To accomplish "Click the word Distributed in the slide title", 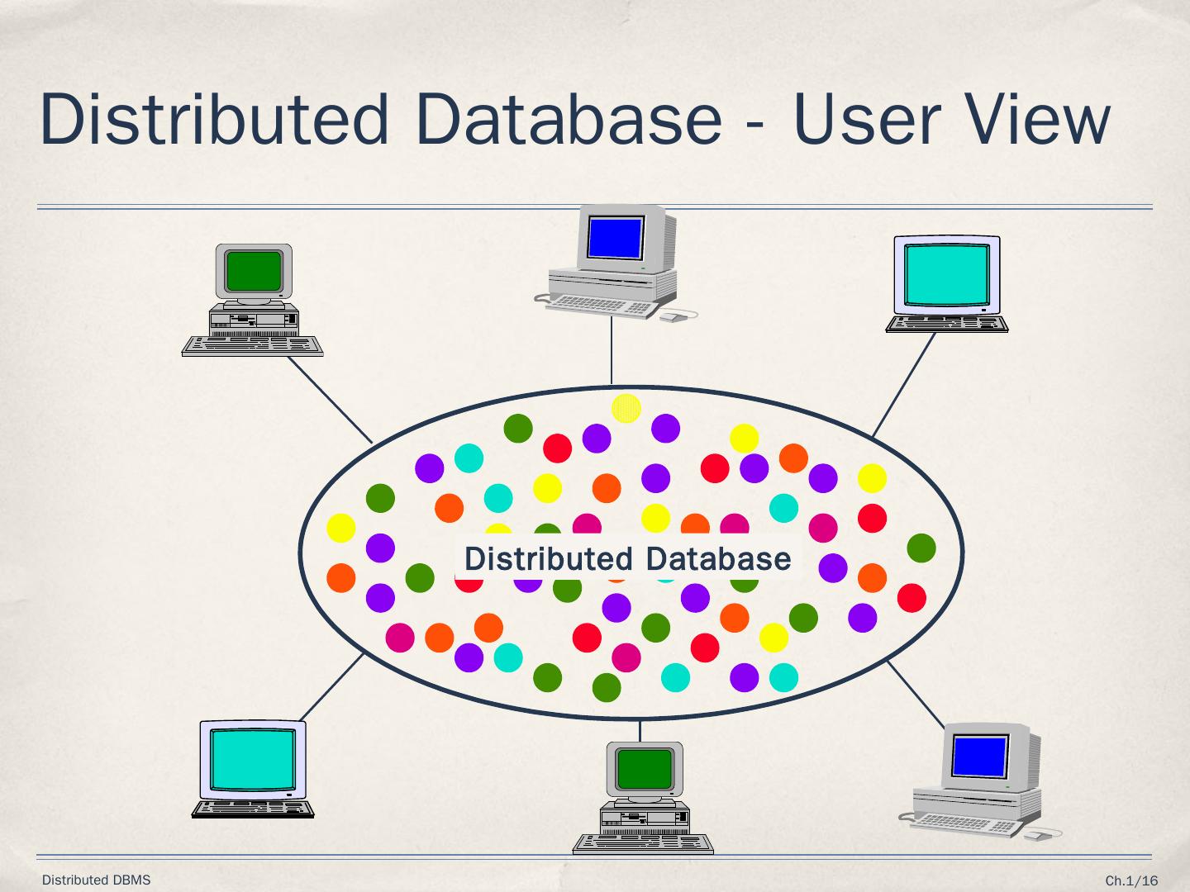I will tap(213, 120).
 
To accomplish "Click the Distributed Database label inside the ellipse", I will tap(627, 559).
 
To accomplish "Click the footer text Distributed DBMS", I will tap(97, 880).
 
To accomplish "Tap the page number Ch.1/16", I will tap(1131, 881).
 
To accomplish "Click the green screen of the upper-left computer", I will tap(254, 270).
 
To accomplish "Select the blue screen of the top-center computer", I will tap(615, 237).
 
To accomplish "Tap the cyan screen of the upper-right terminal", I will tap(946, 274).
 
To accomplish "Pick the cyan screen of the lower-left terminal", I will tap(253, 759).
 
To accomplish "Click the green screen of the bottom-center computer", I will tap(645, 768).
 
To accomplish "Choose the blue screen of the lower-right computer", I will tap(979, 756).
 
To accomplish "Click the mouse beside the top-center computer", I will tap(674, 316).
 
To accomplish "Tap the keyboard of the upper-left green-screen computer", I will tap(252, 345).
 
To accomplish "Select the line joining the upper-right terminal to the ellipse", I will tap(902, 385).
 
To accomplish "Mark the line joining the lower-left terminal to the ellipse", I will tap(331, 687).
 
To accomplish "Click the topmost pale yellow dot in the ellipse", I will tap(626, 407).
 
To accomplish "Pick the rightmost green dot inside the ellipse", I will tap(921, 548).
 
